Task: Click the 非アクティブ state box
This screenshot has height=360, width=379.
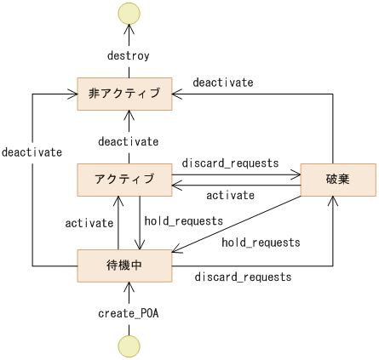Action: click(x=125, y=93)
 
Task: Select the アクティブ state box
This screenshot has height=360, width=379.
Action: click(x=125, y=179)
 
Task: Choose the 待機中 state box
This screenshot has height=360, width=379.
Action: click(x=125, y=265)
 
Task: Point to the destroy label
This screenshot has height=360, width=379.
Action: click(x=129, y=56)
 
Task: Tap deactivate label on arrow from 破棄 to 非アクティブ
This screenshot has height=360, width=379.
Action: click(x=222, y=83)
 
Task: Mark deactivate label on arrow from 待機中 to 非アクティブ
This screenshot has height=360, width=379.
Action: click(x=32, y=152)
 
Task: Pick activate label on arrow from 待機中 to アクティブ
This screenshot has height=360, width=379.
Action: click(x=89, y=223)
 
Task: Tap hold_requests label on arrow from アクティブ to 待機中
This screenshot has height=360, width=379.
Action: click(x=183, y=220)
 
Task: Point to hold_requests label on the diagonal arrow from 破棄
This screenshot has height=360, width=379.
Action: click(x=261, y=243)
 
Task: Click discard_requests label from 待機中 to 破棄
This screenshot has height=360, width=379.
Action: click(x=244, y=277)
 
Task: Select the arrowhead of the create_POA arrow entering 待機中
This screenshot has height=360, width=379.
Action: click(x=129, y=286)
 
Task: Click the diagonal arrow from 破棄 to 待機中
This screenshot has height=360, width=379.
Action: click(x=243, y=224)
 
